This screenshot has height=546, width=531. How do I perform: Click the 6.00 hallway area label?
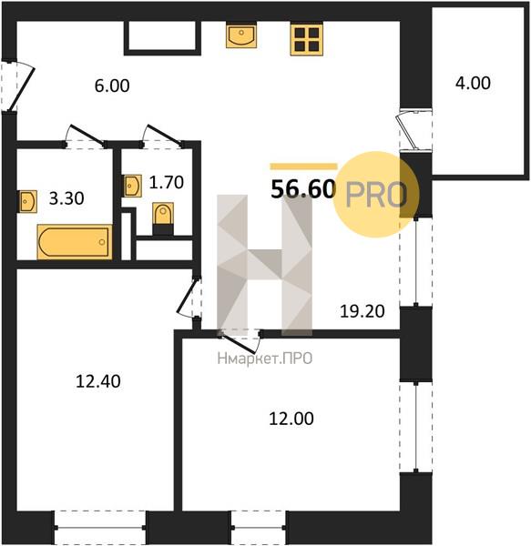(112, 86)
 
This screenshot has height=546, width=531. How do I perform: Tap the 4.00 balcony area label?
(473, 83)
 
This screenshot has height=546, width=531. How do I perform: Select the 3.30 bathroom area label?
(66, 198)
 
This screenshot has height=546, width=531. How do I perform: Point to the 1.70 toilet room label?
(166, 182)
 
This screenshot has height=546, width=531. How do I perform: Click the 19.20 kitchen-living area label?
(363, 311)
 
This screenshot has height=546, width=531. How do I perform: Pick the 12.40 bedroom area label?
(98, 381)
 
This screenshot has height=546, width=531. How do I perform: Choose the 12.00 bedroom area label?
(291, 419)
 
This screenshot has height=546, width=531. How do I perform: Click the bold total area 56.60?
(303, 189)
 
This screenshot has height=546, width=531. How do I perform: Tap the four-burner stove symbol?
(307, 39)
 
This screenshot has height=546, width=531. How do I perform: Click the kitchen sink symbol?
(241, 35)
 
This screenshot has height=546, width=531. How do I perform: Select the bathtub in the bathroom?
(75, 242)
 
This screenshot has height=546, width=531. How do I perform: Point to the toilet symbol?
(163, 218)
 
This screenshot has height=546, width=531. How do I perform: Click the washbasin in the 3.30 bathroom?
(27, 201)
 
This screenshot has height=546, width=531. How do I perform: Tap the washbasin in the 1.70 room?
(133, 186)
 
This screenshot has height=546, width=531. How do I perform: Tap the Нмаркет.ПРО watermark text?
(265, 359)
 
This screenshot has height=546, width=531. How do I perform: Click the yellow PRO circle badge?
(375, 195)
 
